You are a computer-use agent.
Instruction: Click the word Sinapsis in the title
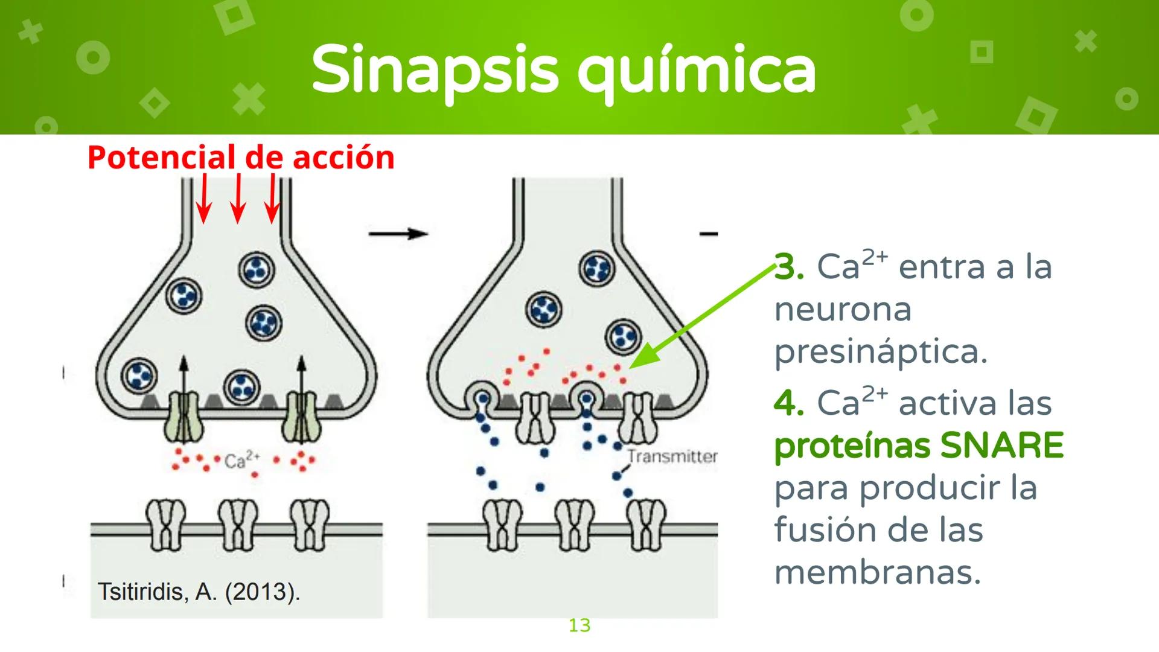point(435,71)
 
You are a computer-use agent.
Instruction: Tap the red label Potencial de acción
point(241,158)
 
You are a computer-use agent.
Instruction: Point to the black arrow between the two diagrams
point(398,233)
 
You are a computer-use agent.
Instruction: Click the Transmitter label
point(672,456)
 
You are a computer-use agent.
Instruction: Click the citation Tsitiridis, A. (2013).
point(199,592)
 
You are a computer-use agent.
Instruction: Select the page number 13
point(579,625)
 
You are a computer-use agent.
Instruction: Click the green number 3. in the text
point(788,267)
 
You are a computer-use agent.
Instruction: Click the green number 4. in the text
point(788,403)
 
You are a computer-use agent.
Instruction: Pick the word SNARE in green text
point(1001,446)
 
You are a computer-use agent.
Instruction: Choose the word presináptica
point(881,352)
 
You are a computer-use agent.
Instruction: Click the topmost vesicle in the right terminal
point(597,268)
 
